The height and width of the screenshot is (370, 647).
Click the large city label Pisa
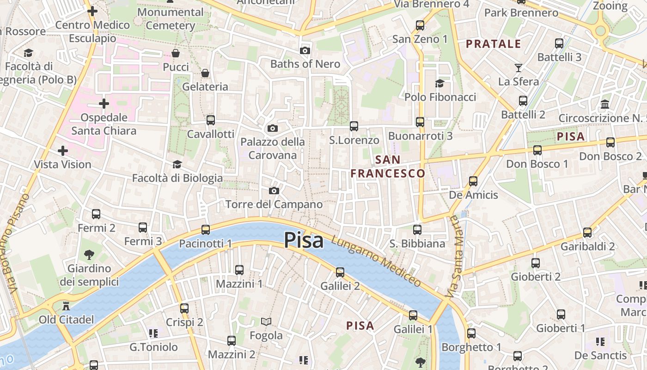(304, 240)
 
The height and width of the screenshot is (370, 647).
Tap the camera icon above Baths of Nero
(305, 50)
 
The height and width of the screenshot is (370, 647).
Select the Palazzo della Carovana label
(272, 148)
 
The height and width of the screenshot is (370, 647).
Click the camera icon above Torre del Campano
(274, 191)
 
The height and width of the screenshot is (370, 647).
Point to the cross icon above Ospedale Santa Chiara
(104, 103)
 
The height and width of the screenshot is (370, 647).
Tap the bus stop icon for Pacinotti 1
(205, 229)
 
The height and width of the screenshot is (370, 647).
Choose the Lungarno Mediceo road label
(376, 261)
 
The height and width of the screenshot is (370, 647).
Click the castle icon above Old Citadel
(66, 306)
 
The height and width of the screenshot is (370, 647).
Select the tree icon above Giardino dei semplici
(89, 254)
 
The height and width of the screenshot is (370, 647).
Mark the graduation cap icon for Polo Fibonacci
(439, 84)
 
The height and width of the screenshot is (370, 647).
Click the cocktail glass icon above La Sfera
(518, 68)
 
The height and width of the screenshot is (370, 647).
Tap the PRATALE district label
(493, 44)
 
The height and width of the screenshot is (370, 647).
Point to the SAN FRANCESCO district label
(388, 166)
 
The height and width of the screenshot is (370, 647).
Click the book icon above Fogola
(266, 321)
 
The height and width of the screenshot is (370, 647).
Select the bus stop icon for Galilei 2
(340, 272)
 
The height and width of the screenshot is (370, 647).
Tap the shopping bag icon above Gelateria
(205, 73)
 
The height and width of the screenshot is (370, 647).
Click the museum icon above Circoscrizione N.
(605, 105)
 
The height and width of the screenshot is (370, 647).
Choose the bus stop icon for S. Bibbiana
(417, 229)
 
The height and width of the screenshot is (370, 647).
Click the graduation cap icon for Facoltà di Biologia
(177, 165)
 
